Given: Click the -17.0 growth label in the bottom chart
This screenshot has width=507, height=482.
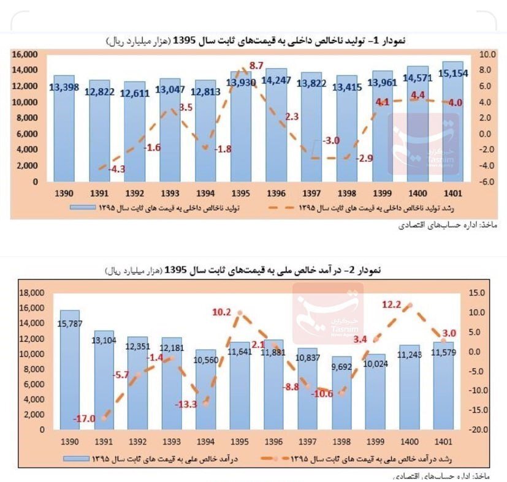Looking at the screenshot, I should click(x=84, y=419).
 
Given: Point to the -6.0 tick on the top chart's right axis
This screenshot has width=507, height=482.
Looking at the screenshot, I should click(x=487, y=182).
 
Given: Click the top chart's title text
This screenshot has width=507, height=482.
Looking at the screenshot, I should click(x=255, y=40).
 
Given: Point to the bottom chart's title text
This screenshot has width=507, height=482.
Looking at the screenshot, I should click(x=255, y=270).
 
